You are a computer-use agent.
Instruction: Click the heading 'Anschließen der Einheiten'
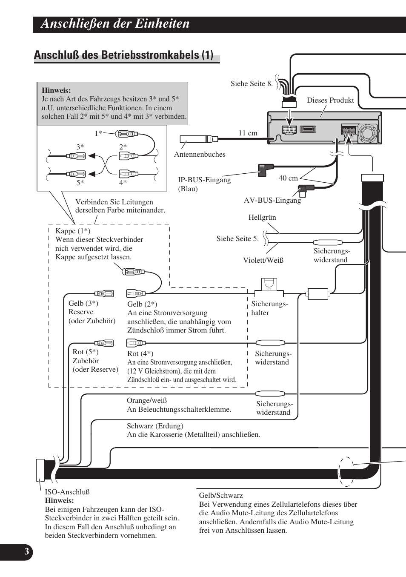[x=115, y=24]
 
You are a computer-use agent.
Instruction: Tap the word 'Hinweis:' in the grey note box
[x=56, y=90]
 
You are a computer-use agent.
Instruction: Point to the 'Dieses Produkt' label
[x=330, y=100]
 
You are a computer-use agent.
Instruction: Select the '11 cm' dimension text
[x=248, y=133]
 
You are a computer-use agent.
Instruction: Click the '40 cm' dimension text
[x=288, y=178]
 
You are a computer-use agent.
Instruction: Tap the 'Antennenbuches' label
[x=200, y=154]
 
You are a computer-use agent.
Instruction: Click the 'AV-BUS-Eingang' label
[x=272, y=200]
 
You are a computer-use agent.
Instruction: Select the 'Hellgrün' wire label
[x=262, y=217]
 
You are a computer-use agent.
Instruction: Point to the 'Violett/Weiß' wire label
[x=263, y=260]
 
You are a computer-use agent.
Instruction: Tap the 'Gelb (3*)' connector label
[x=83, y=303]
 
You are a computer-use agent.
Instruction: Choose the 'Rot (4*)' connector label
[x=140, y=353]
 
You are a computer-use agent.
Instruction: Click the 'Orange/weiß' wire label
[x=147, y=400]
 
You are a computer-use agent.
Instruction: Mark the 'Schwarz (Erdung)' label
[x=155, y=426]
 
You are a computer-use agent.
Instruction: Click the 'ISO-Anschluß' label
[x=67, y=492]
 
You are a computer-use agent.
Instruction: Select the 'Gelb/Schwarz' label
[x=221, y=495]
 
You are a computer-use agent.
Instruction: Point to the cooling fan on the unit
[x=368, y=133]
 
